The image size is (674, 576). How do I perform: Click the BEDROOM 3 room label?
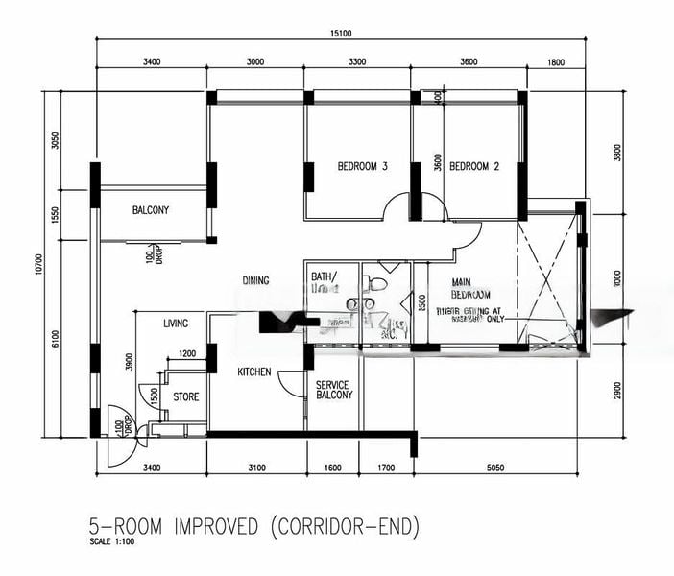coord(362,166)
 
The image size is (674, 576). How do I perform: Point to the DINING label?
coord(255,280)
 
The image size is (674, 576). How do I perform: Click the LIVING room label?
coord(176,324)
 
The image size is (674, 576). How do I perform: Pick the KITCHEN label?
coord(254,372)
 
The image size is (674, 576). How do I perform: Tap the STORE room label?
coord(185,396)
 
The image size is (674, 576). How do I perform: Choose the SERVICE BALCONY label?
coord(333,390)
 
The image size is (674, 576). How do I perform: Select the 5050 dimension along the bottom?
coord(496,468)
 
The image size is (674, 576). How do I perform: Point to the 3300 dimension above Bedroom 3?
coord(357,62)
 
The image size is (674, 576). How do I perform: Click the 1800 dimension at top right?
coord(555,62)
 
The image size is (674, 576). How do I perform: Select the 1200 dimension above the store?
coord(187,353)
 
